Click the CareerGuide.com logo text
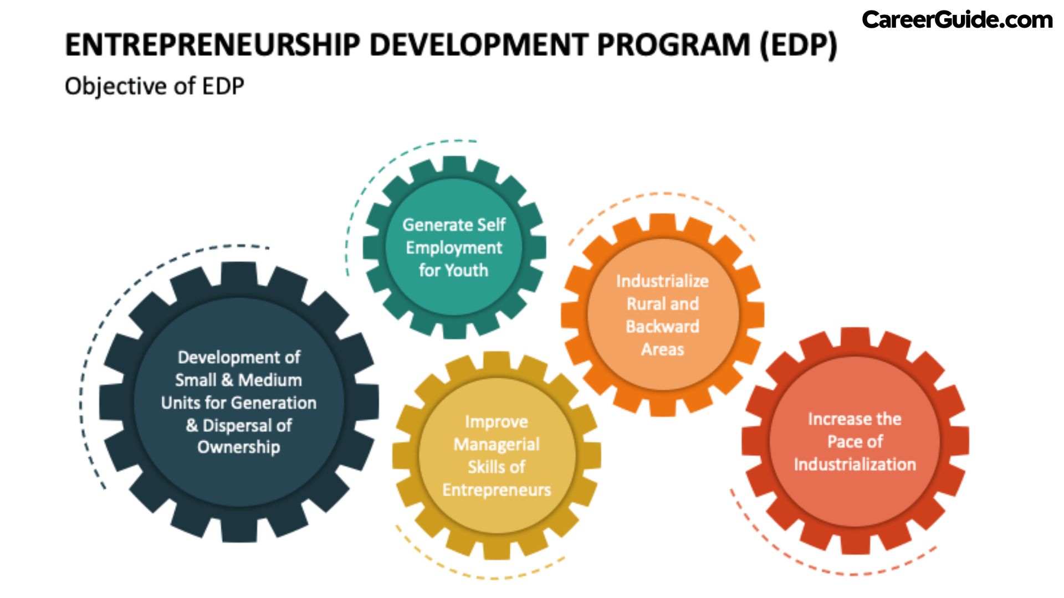click(957, 20)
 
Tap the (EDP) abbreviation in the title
click(798, 45)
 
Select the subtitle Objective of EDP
click(154, 86)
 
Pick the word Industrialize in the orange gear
click(662, 281)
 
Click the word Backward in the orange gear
click(662, 327)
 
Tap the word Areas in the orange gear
click(662, 349)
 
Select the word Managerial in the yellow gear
click(497, 445)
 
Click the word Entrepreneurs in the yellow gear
click(497, 490)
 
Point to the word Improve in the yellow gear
click(497, 422)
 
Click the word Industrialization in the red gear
click(855, 465)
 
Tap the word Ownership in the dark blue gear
click(239, 447)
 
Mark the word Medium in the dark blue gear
click(270, 380)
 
